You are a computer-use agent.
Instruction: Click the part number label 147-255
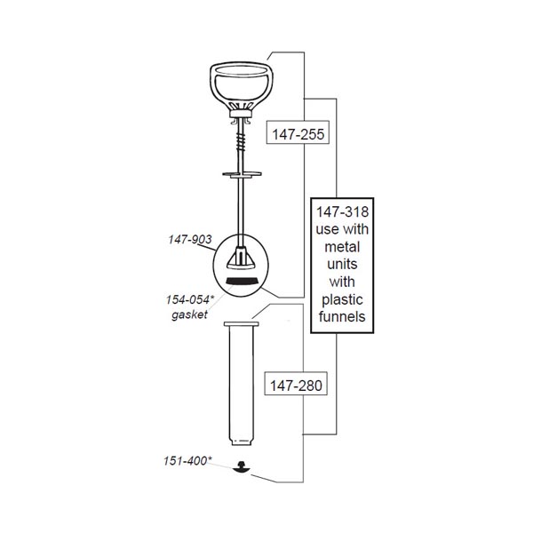point(298,134)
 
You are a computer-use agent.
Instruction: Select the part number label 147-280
point(296,386)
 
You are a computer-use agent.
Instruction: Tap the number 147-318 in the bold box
point(342,211)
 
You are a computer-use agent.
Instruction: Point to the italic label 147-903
point(190,239)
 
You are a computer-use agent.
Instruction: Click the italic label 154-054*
point(190,300)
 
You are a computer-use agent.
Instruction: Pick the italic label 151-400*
point(187,461)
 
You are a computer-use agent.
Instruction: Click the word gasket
point(189,314)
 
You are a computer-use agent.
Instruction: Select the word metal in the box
point(342,247)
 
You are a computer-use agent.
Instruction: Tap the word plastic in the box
point(342,300)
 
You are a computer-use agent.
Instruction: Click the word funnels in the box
point(342,316)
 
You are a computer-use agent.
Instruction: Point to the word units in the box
point(342,264)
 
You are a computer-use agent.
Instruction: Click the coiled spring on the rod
point(241,142)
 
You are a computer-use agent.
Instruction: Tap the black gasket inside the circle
point(242,281)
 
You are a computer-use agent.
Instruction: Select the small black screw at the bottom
point(242,467)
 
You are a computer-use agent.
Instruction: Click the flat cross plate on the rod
point(242,174)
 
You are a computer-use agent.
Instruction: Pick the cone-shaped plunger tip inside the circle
point(241,258)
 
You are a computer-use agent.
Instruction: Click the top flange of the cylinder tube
point(242,324)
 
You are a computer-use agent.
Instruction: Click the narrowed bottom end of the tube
point(242,442)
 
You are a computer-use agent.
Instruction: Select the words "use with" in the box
point(342,229)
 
